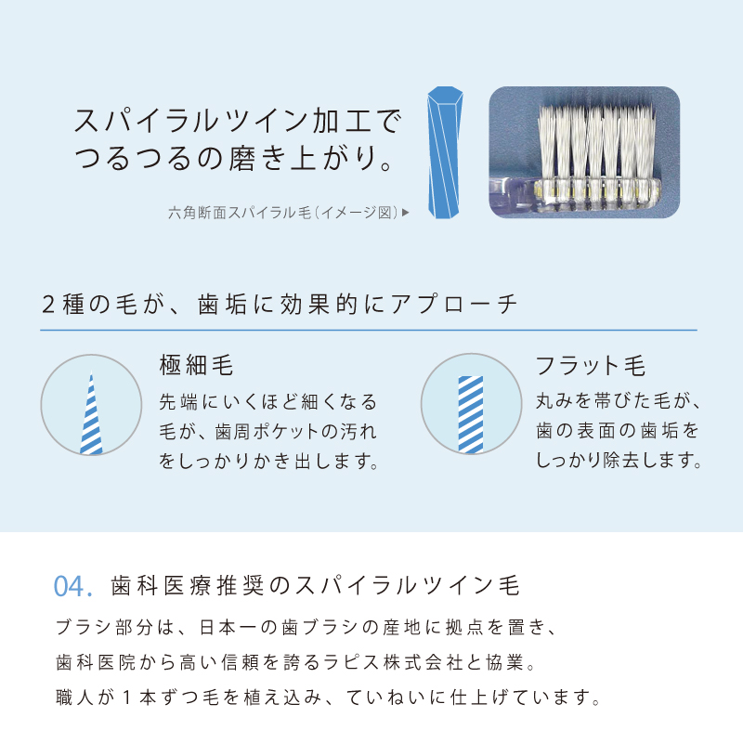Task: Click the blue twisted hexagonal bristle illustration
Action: [445, 154]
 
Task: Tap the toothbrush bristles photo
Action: [584, 152]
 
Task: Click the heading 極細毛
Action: [196, 365]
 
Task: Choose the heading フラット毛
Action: [591, 365]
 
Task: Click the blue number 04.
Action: [72, 587]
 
